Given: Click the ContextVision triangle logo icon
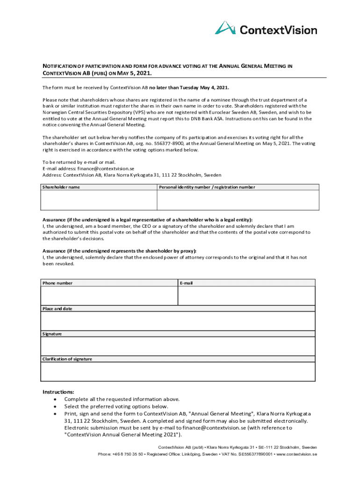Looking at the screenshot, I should [225, 28].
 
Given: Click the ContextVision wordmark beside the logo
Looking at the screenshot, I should [278, 30].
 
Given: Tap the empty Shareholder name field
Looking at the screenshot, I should [99, 200].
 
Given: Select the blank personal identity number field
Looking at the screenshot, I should [238, 200].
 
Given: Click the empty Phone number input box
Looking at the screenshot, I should [109, 296].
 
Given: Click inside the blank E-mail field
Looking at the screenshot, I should [246, 296].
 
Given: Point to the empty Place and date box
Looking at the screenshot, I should [178, 321].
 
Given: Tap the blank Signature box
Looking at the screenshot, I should [178, 346].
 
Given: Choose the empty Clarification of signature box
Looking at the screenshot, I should [178, 371].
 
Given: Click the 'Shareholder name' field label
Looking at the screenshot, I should [61, 187].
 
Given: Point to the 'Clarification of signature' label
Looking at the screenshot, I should [67, 359].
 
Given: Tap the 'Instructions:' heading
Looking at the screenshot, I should [58, 392].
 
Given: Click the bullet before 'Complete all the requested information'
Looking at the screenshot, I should [56, 399].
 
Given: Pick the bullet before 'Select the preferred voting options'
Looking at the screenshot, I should [56, 407].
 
